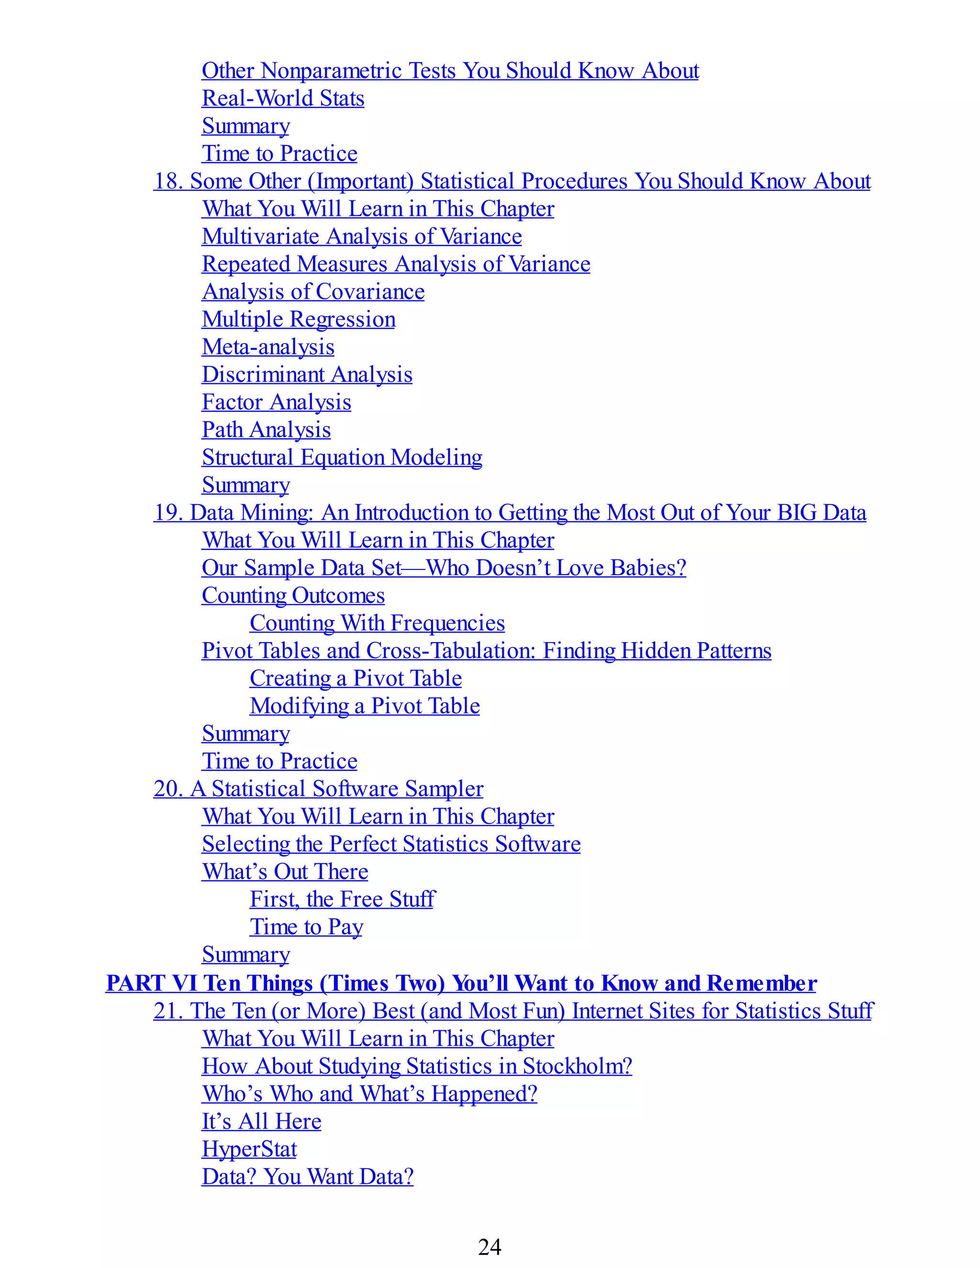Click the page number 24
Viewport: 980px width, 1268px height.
490,1246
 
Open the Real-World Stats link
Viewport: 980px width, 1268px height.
283,98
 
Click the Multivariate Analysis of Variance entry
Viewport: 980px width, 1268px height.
362,236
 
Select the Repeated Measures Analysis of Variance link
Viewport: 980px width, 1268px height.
396,264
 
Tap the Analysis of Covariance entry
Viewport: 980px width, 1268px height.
313,291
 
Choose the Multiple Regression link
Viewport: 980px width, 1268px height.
299,319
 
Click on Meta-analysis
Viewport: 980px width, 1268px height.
267,346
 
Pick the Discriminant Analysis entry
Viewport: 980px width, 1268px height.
307,375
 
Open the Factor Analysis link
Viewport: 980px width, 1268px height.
277,402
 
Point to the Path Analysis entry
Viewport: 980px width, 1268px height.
266,430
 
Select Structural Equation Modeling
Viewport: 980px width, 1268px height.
342,457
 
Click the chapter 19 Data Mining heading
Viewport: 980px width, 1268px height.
510,512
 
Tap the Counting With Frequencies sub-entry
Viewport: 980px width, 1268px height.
377,623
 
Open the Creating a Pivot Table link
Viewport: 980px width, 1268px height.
356,678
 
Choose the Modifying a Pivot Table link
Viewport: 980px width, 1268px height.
365,706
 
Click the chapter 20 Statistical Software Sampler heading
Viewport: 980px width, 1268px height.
318,789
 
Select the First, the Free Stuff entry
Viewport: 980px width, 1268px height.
342,900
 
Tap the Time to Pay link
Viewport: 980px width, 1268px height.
306,927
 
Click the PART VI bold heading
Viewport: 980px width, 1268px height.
461,983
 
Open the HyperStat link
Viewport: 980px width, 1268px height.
249,1149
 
